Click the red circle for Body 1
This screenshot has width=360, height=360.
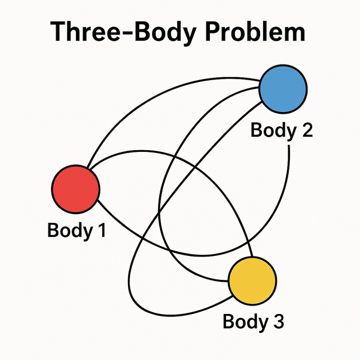pyautogui.click(x=75, y=188)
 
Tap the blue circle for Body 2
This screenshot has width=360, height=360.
pyautogui.click(x=282, y=89)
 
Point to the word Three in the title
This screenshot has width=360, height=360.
pyautogui.click(x=83, y=32)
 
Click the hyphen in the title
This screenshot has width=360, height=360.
pyautogui.click(x=123, y=34)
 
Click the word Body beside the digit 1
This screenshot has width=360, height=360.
pyautogui.click(x=68, y=231)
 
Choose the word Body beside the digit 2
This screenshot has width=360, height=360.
pyautogui.click(x=271, y=131)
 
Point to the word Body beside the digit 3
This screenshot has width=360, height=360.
pyautogui.click(x=243, y=323)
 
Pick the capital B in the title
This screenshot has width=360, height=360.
pyautogui.click(x=139, y=32)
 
